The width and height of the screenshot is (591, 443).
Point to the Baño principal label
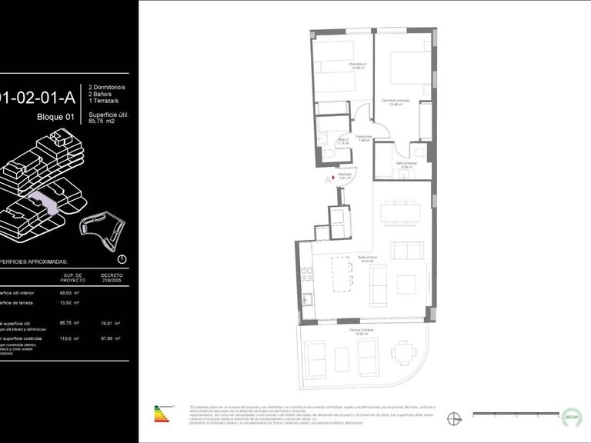click(x=405, y=165)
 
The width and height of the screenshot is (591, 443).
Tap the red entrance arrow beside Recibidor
click(x=332, y=177)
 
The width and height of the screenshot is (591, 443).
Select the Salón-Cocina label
click(x=366, y=259)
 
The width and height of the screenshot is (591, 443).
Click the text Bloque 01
click(x=55, y=117)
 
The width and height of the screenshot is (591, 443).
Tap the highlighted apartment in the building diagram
click(x=42, y=202)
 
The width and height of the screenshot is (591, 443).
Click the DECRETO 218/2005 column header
click(x=112, y=277)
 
